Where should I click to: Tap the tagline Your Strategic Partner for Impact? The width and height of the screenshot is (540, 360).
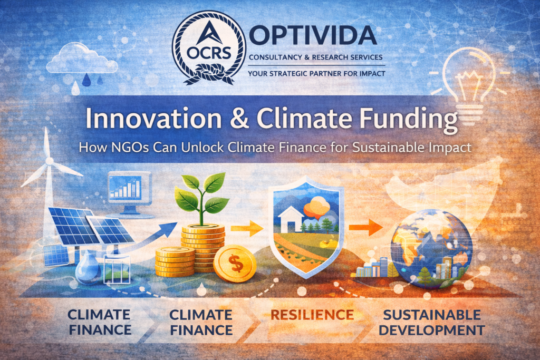(x=316, y=73)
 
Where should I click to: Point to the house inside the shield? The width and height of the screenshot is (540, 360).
(x=292, y=218)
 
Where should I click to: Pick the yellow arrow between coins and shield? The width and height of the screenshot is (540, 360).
(x=247, y=228)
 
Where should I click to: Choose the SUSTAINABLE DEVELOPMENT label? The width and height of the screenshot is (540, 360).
(x=432, y=323)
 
